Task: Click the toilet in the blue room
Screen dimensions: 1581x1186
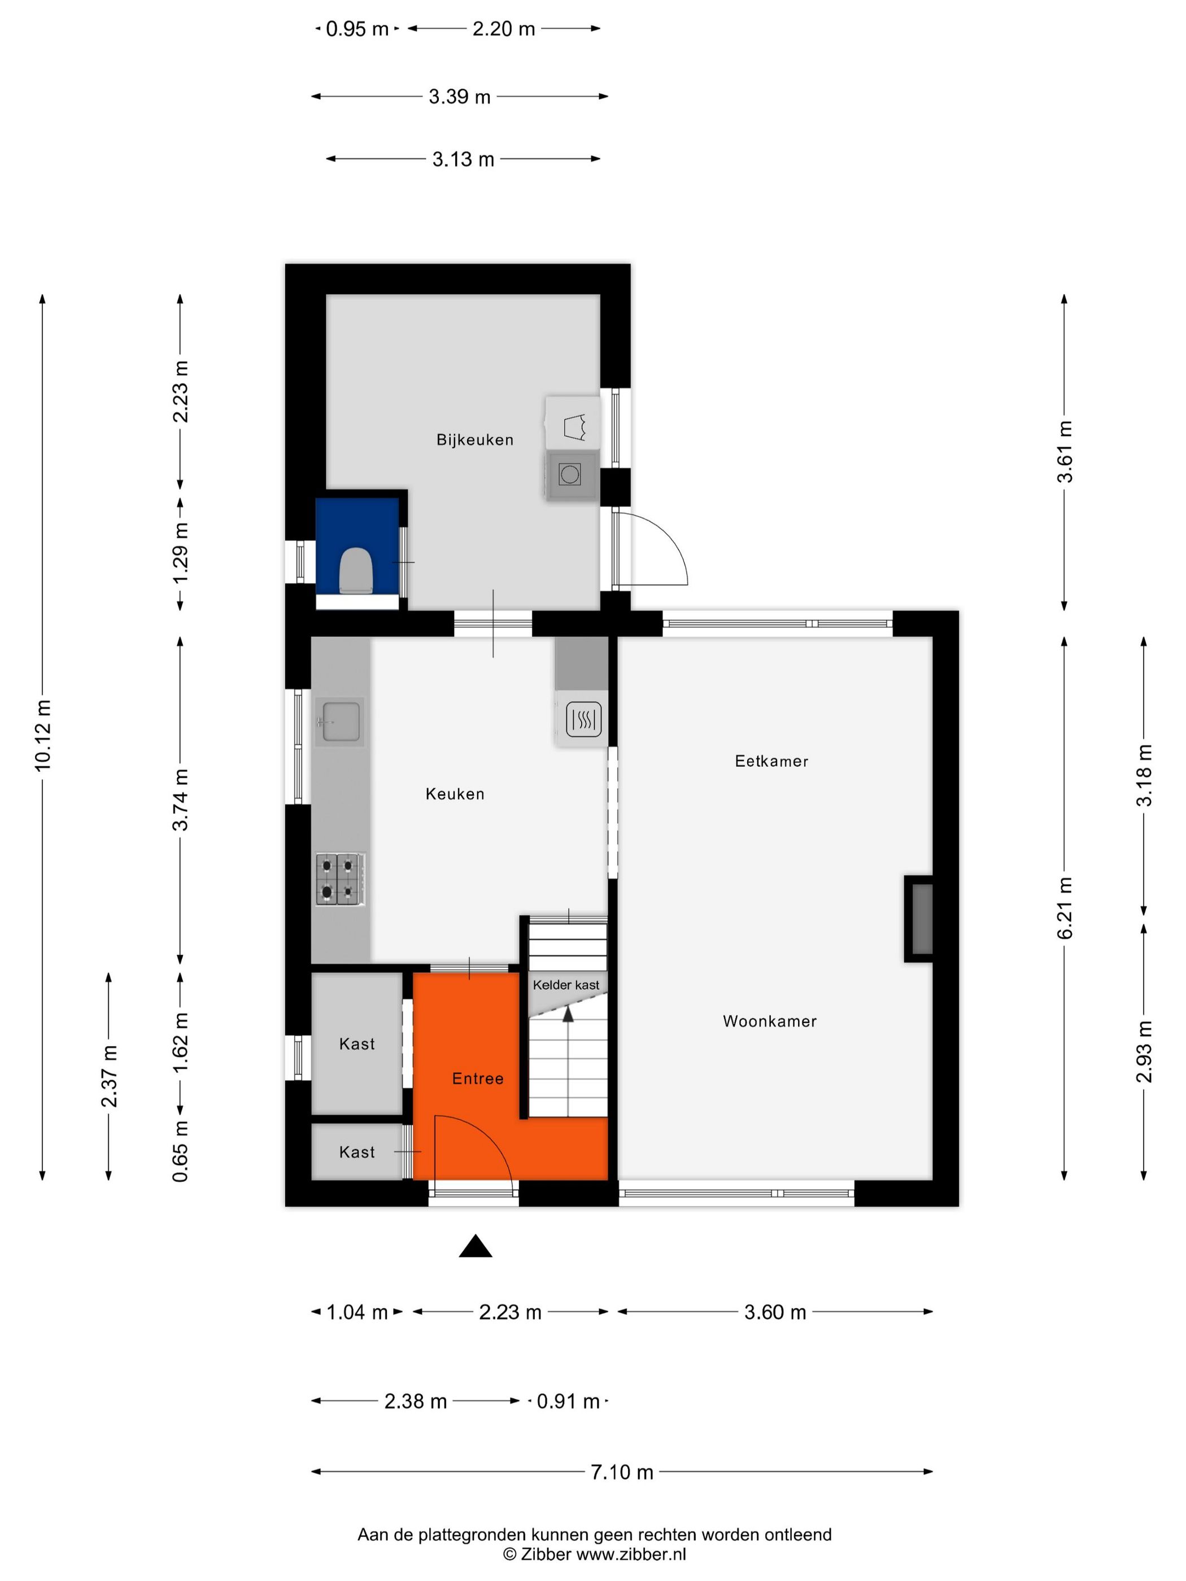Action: coord(355,570)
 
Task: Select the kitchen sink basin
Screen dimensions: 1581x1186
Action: coord(341,720)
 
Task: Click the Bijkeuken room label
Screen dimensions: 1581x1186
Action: coord(475,439)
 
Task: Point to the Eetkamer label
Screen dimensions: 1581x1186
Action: coord(771,761)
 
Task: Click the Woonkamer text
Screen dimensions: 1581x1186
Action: coord(769,1021)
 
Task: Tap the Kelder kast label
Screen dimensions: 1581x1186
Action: coord(565,985)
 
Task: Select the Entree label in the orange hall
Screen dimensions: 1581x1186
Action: coord(478,1078)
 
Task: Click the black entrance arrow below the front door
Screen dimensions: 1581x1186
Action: coord(476,1247)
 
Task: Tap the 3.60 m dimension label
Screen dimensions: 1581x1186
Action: coord(774,1312)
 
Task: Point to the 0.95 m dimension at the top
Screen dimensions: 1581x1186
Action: coord(357,29)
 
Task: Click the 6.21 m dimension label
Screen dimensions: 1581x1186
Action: coord(1065,908)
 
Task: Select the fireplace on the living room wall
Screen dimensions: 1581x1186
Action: coord(920,919)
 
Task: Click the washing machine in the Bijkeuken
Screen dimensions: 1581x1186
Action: coord(570,474)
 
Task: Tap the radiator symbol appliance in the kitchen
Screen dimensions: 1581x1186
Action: coord(583,719)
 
